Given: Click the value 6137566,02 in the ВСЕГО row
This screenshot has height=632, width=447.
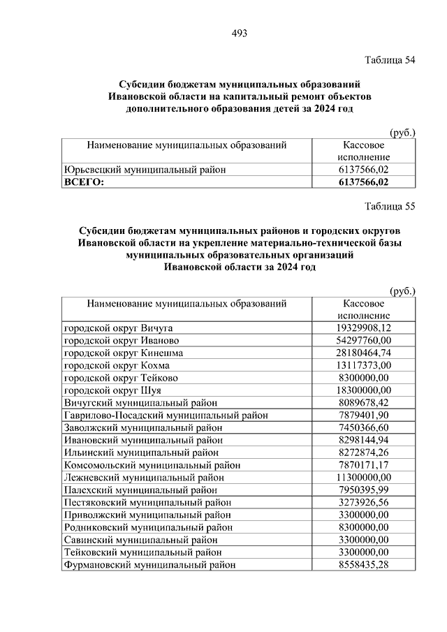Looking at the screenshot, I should coord(363,182).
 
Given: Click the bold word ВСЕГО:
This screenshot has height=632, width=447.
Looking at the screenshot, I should coord(84,182).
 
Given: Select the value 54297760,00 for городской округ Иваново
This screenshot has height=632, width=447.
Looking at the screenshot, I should coord(363,340).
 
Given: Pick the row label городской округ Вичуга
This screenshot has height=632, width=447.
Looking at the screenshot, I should coord(118,328).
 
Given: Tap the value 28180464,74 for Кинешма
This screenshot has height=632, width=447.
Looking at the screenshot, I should coord(363,353).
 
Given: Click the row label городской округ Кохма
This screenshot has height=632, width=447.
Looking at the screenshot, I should coord(117,365).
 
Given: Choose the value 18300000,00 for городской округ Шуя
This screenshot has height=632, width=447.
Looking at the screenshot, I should coord(363,390).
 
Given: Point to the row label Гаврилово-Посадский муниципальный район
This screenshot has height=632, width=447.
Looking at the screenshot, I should coord(166,415).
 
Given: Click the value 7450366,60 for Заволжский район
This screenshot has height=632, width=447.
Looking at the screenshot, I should coord(363,427).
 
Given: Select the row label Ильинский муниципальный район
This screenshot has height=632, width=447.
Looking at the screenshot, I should coord(142,453).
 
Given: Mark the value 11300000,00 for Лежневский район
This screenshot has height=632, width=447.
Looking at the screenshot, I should coord(363,478).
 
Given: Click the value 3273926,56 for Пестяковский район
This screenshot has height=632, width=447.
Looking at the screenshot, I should coord(363,503).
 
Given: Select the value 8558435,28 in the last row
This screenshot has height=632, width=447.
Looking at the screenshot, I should coord(363,565).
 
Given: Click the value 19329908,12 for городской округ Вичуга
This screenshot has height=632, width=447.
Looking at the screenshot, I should coord(363,328).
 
